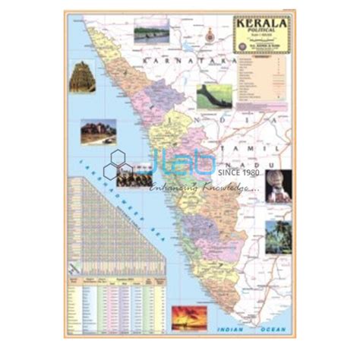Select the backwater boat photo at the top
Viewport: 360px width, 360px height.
pyautogui.click(x=152, y=34)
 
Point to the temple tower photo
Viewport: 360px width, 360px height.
pyautogui.click(x=82, y=77)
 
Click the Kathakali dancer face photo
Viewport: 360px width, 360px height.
pyautogui.click(x=277, y=186)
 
